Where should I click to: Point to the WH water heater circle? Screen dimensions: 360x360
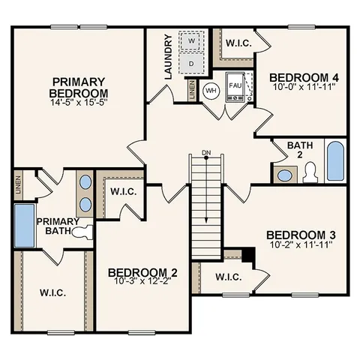pyautogui.click(x=211, y=90)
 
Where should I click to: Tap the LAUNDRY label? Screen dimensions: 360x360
pyautogui.click(x=169, y=56)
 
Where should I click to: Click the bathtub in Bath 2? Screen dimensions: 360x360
pyautogui.click(x=334, y=160)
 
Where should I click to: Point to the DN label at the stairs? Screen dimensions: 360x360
pyautogui.click(x=206, y=154)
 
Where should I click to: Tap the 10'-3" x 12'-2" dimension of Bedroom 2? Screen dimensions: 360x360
pyautogui.click(x=142, y=281)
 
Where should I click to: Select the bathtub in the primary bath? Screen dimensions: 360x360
pyautogui.click(x=25, y=227)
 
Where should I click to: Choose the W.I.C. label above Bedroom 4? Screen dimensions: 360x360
pyautogui.click(x=238, y=42)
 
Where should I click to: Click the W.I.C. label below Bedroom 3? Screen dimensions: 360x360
pyautogui.click(x=227, y=277)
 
